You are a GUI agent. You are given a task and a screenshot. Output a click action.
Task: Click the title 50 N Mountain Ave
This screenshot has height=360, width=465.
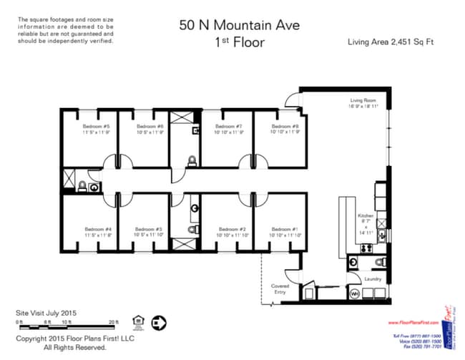click(239, 26)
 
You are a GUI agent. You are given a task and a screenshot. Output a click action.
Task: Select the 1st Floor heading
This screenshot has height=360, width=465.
click(239, 42)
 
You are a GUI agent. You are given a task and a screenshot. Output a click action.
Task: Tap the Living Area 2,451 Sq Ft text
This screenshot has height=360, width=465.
click(391, 42)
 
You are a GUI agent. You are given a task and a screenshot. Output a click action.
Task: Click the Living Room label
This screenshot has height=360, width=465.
click(363, 101)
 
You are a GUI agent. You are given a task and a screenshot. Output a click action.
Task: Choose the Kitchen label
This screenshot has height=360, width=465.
click(366, 215)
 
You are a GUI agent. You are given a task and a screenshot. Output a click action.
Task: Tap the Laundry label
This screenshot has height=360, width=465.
click(373, 278)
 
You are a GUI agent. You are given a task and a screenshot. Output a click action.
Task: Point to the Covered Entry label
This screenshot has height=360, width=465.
click(280, 289)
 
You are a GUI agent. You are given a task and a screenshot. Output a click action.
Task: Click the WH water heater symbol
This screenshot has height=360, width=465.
click(354, 294)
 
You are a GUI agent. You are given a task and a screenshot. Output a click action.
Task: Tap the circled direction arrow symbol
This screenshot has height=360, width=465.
click(160, 322)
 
